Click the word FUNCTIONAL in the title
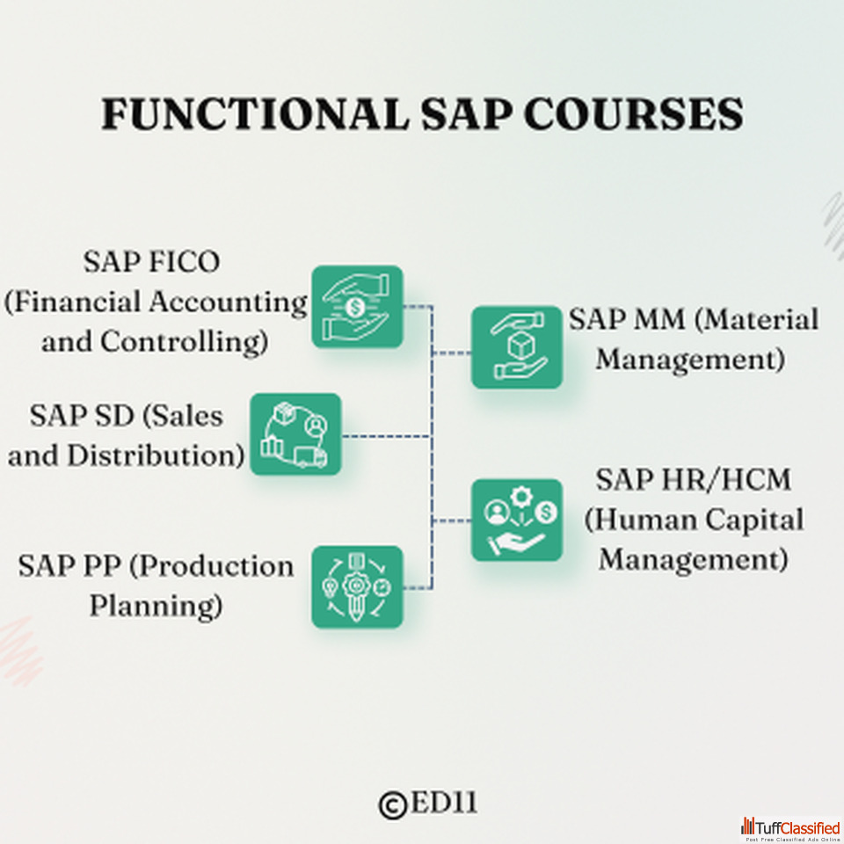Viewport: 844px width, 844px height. click(x=255, y=114)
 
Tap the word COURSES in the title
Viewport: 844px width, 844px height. click(x=634, y=114)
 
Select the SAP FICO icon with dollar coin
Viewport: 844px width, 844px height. click(x=358, y=306)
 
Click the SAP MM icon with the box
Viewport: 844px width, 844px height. click(x=517, y=347)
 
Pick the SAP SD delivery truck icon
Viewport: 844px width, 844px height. click(x=295, y=433)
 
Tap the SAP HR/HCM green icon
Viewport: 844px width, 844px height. click(x=517, y=520)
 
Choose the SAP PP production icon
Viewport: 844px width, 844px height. click(x=358, y=586)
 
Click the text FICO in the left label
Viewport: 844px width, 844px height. click(x=184, y=262)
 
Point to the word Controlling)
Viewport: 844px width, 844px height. click(x=184, y=342)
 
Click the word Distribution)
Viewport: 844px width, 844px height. click(x=156, y=456)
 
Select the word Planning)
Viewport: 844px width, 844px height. click(x=156, y=606)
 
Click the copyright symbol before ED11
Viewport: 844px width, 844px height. click(x=393, y=805)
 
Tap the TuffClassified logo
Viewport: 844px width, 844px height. click(x=790, y=829)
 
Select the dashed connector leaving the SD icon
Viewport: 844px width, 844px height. click(x=387, y=436)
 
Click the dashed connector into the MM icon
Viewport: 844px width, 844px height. click(x=452, y=353)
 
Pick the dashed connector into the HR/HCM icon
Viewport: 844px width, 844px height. click(x=452, y=520)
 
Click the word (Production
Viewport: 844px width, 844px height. click(x=212, y=566)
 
